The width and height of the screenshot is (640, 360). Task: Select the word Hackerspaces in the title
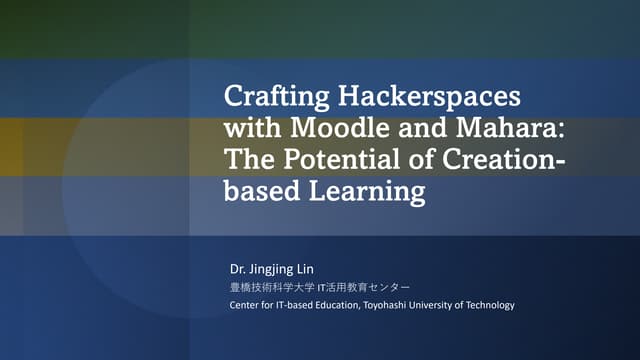(x=425, y=98)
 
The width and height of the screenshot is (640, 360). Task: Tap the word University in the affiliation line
(x=457, y=305)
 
